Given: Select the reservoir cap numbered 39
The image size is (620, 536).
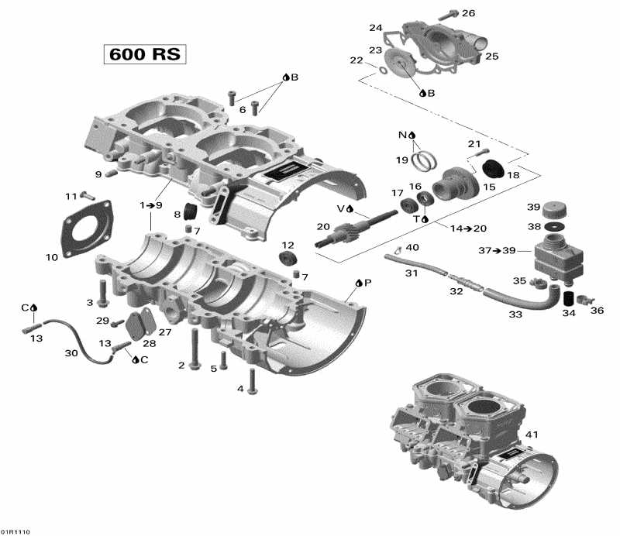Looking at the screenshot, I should click(553, 209).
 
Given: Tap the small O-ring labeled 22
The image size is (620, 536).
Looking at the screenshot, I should click(382, 71).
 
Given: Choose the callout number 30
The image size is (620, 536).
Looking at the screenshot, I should click(71, 353).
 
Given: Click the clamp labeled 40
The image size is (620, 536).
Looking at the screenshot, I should click(395, 249).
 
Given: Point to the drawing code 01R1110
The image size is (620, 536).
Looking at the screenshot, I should click(17, 532).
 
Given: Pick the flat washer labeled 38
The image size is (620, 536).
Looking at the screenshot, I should click(553, 226).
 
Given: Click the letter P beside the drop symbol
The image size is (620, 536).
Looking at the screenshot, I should click(368, 283).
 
